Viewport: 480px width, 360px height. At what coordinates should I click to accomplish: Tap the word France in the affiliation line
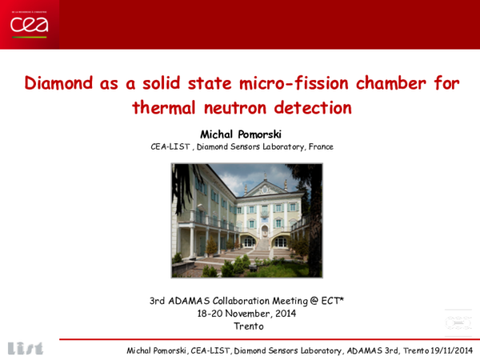318,147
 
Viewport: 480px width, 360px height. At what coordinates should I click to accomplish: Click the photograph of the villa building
246,220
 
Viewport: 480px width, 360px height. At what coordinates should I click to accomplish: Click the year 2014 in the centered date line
283,314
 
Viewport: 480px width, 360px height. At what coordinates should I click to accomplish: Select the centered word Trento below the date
246,326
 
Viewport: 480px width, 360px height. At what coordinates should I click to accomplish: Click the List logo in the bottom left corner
26,348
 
